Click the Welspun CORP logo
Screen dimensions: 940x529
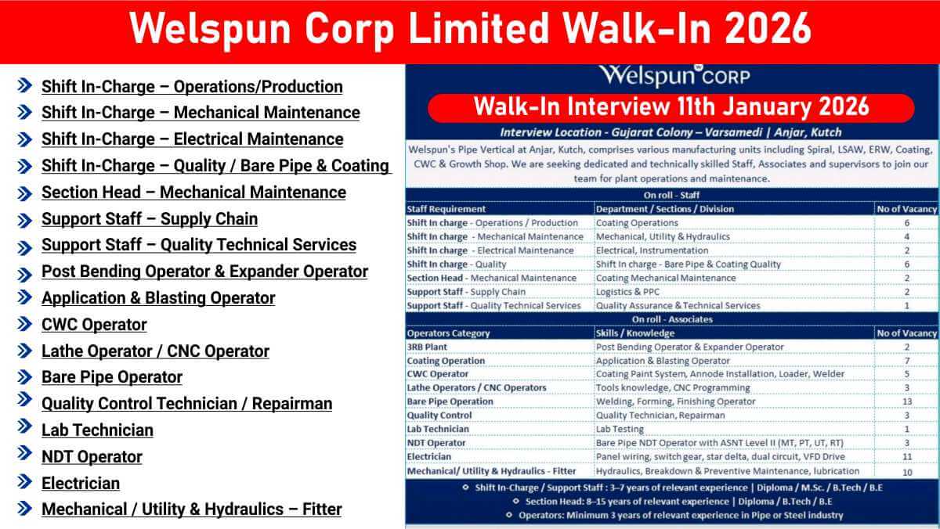pos(674,76)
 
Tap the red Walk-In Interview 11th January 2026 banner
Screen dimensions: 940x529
pos(671,108)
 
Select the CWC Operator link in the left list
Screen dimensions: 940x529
pos(94,325)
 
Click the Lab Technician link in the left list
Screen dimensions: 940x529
pos(97,430)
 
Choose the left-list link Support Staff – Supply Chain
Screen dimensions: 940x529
pos(150,219)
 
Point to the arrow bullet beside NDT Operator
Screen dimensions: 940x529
pos(25,453)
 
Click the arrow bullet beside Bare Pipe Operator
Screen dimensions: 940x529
pos(25,377)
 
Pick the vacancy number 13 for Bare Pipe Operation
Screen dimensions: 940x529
pos(907,401)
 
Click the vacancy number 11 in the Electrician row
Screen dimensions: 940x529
pos(907,457)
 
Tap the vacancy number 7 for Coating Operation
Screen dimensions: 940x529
pos(907,361)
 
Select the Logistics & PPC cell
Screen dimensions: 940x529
pos(627,292)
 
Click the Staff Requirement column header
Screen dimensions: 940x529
pos(446,209)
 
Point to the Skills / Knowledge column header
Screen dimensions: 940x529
pos(635,333)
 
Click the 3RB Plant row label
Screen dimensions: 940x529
pos(427,347)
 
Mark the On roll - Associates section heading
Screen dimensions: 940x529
pos(672,319)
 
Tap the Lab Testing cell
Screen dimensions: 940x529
pos(620,430)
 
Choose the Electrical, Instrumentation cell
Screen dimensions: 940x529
pos(652,250)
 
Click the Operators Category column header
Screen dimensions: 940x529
pos(448,333)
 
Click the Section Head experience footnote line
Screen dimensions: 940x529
pos(678,502)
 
